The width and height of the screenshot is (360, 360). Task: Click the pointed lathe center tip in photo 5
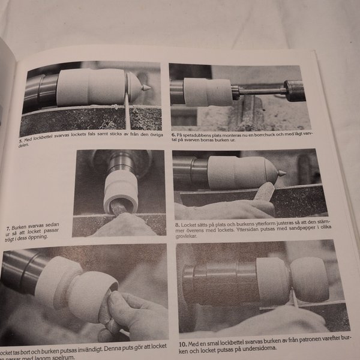pos(145,88)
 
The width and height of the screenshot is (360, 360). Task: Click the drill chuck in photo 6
pos(295,90)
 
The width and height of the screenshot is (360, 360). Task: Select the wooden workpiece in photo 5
pos(90,87)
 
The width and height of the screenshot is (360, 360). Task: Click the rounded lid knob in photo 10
pos(310,279)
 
